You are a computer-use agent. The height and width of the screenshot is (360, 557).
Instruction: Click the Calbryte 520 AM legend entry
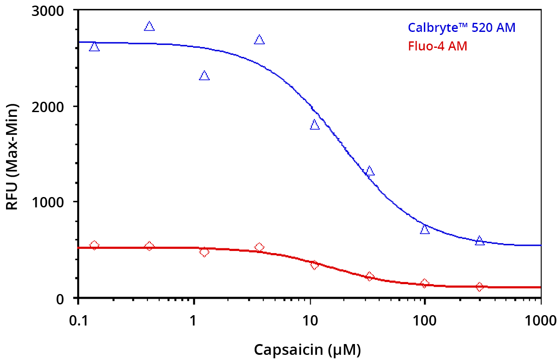point(461,28)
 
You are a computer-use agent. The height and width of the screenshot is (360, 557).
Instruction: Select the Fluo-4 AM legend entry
point(437,46)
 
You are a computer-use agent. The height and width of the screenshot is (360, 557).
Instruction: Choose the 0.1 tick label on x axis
point(78,320)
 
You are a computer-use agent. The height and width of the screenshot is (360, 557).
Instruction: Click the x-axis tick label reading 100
point(425,320)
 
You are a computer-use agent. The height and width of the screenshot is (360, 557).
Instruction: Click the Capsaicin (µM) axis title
point(307,349)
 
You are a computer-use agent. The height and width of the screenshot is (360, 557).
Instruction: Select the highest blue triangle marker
point(149,26)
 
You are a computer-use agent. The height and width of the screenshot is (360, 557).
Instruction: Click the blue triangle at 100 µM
point(425,229)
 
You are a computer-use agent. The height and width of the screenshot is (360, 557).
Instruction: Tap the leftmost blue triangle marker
point(94,47)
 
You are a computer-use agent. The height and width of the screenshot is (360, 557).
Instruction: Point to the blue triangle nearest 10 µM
point(314,125)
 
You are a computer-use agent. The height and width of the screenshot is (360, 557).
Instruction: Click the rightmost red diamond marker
point(479,287)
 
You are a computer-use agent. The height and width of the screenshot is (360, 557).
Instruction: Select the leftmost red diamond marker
point(94,245)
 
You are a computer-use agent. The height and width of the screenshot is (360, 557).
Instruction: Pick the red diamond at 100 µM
point(425,283)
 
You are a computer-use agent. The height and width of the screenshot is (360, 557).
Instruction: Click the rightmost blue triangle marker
point(479,241)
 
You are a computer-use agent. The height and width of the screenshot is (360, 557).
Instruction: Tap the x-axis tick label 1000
point(540,320)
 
